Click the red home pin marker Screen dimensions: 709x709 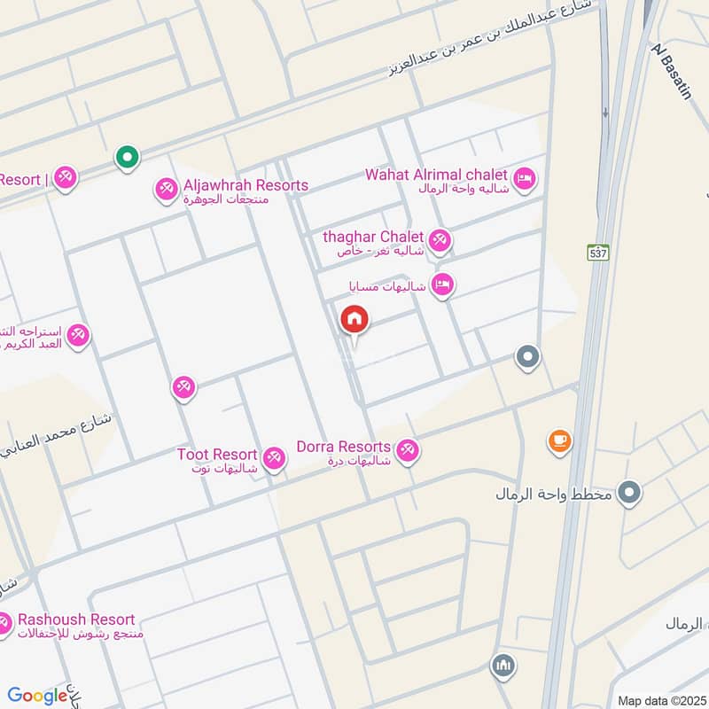(x=354, y=321)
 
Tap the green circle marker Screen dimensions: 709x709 (x=128, y=158)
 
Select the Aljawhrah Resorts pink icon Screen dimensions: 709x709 (x=165, y=189)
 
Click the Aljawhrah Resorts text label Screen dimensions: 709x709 (x=245, y=185)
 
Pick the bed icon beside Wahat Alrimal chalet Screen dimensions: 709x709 (x=525, y=179)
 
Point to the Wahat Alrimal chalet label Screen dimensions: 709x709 (x=436, y=175)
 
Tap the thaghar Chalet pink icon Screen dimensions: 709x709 (x=439, y=240)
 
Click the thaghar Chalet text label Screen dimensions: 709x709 (x=373, y=237)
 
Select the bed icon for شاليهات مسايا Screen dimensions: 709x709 (x=442, y=284)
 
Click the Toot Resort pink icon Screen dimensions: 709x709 (x=274, y=458)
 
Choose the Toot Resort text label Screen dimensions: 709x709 (x=217, y=455)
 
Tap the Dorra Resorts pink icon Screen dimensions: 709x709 (x=407, y=450)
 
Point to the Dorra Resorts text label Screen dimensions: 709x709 (x=344, y=447)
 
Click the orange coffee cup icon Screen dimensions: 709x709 (x=559, y=440)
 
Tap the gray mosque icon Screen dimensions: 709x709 (x=503, y=665)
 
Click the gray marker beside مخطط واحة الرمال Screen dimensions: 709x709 (x=629, y=493)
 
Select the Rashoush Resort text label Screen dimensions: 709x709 (x=76, y=619)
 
